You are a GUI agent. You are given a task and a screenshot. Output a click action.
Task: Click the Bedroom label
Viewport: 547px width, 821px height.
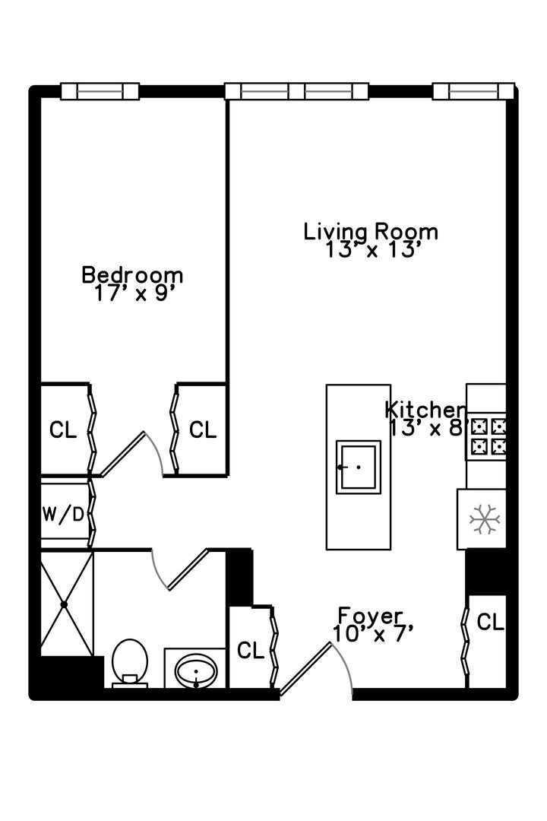coord(133,274)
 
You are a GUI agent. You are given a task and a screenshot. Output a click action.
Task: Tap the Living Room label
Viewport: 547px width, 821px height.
coord(371,231)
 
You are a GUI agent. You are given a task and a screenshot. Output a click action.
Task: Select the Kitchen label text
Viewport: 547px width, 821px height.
coord(425,410)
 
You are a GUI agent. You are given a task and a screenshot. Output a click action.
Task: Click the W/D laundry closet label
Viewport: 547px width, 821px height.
coord(63,515)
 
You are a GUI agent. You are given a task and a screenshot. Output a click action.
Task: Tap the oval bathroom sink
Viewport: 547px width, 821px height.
coord(196,671)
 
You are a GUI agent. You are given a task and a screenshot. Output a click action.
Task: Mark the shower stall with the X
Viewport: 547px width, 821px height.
coord(65,604)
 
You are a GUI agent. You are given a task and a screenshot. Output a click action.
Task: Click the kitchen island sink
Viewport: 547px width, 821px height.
coord(358,466)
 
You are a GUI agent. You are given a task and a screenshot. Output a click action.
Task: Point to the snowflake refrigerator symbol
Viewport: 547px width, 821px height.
coord(483,518)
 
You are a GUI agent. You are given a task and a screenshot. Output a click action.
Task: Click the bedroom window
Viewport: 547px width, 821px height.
coord(100,91)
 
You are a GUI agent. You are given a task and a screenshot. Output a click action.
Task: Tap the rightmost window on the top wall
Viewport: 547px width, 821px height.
coord(473,91)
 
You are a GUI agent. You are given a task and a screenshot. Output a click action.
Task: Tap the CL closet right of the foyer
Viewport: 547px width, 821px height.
coord(489,623)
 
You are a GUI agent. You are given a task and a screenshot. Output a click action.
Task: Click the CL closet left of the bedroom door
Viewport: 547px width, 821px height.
coord(63,430)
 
